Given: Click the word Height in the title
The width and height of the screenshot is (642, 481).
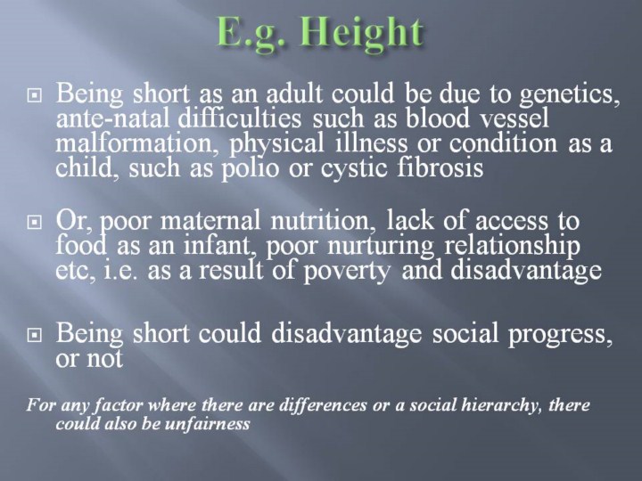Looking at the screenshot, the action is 362,33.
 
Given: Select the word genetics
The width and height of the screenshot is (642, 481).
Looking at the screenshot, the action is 569,94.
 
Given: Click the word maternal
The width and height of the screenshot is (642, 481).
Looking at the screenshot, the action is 210,221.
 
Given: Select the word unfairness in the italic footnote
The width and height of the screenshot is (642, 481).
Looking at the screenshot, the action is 208,424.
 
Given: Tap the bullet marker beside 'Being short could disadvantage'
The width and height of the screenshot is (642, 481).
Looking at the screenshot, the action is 35,336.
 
